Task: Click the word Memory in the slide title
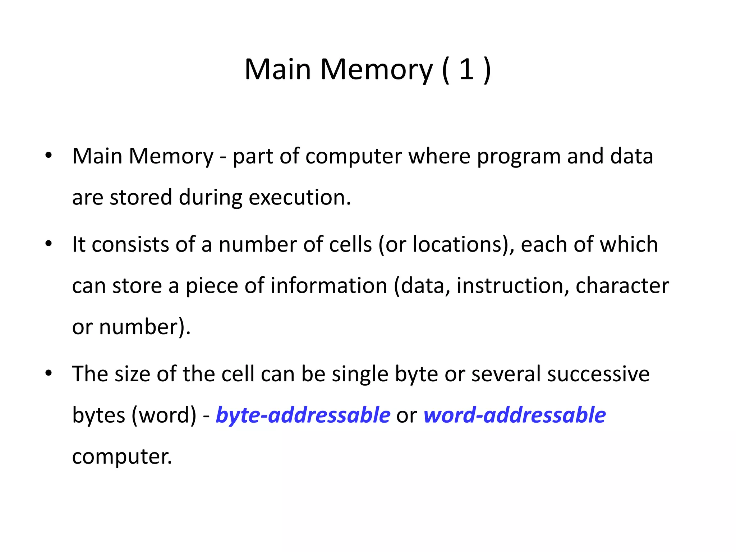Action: [376, 69]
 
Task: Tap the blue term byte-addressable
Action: [303, 415]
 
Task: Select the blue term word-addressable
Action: [515, 415]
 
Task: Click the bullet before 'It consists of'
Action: [49, 244]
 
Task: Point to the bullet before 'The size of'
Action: [49, 374]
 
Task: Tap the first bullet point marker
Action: [49, 156]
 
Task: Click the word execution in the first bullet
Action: [299, 197]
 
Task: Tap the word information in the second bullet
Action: [329, 286]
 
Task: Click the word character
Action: [622, 286]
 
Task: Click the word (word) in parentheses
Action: [164, 415]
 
